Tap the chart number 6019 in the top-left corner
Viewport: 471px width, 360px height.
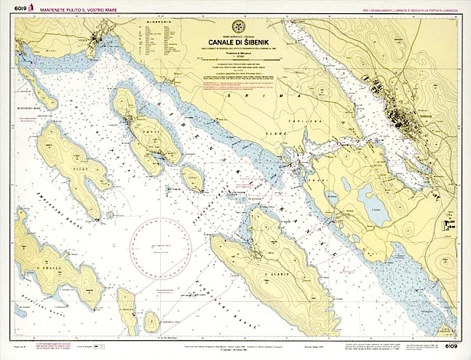click(10, 6)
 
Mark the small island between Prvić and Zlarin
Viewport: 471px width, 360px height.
click(192, 177)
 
